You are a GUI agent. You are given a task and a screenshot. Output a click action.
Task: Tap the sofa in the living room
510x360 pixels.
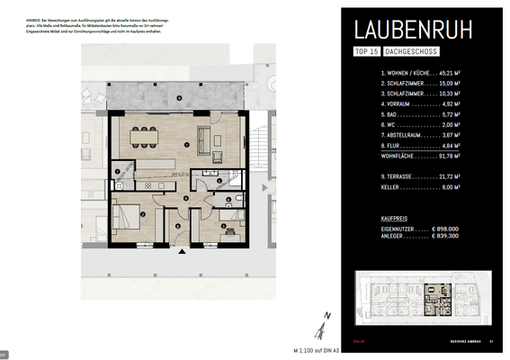(x=204, y=139)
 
